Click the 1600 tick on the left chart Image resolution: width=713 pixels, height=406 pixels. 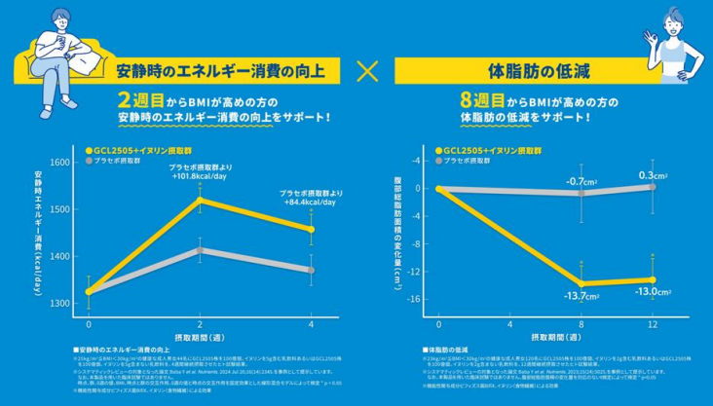click(58, 164)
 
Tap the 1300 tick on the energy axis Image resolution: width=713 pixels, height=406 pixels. click(58, 303)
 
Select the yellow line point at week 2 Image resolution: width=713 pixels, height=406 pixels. click(200, 200)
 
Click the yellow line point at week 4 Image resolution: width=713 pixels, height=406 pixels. click(311, 230)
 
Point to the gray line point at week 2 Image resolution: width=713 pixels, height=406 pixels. click(200, 250)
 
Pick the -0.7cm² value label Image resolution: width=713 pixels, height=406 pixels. click(582, 181)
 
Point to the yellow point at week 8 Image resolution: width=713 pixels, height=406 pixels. click(582, 283)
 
